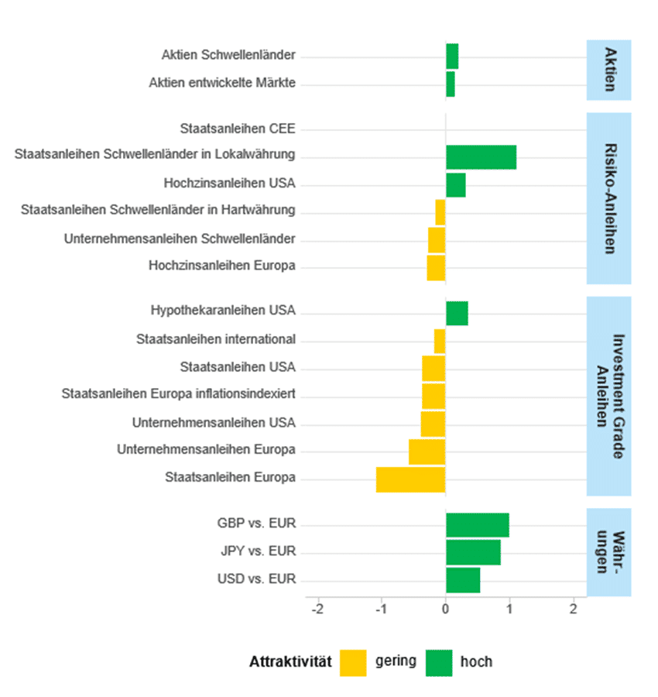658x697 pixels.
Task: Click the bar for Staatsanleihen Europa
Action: click(410, 479)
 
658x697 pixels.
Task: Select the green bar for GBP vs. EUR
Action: click(477, 525)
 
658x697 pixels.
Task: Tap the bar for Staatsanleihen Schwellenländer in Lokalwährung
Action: click(481, 156)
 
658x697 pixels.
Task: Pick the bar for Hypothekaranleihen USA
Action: click(457, 313)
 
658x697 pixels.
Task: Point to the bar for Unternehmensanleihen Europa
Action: click(427, 452)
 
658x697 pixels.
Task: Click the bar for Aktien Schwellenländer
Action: click(452, 57)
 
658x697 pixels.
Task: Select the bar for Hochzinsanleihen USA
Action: click(455, 185)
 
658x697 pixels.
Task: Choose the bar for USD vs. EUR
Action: click(463, 580)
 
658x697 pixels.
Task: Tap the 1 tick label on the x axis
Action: click(509, 609)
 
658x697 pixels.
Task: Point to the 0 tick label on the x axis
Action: click(446, 609)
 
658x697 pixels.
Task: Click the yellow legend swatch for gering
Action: click(353, 663)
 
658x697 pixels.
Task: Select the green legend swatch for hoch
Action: click(439, 663)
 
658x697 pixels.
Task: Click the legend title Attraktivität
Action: click(290, 662)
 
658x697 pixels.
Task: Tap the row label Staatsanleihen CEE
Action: click(238, 129)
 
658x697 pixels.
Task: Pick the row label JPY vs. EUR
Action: click(257, 552)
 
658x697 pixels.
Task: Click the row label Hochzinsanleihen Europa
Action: click(222, 266)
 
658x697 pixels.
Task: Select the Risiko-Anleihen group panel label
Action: click(608, 198)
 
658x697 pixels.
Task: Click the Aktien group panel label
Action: click(608, 70)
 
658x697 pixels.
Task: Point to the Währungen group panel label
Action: click(608, 552)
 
